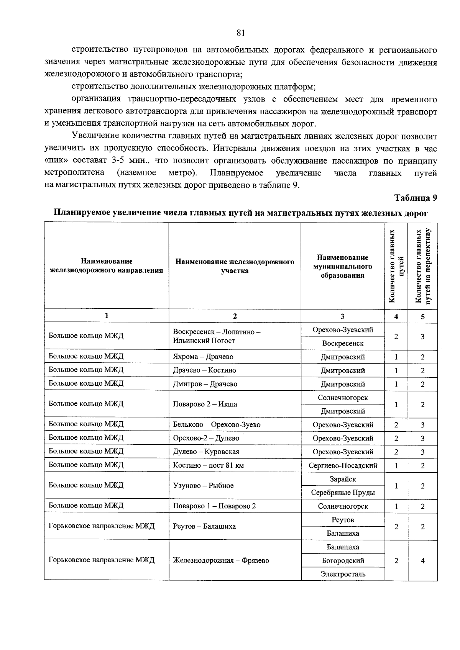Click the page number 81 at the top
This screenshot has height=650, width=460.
[x=241, y=33]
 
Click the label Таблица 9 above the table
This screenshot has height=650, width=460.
[x=416, y=198]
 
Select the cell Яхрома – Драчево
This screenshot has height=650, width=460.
[x=203, y=357]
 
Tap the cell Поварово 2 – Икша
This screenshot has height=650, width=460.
[x=205, y=404]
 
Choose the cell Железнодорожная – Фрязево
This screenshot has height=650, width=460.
[x=221, y=560]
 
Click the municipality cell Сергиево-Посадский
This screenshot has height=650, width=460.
[x=343, y=466]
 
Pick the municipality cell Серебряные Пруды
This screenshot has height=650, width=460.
[x=343, y=493]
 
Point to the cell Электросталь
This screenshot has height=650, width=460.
[x=343, y=574]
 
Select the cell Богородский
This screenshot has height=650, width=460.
[x=343, y=560]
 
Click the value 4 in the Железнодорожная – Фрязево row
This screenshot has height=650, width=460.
[x=422, y=561]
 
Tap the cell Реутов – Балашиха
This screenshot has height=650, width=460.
[x=204, y=526]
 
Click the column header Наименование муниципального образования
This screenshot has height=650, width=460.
[x=342, y=266]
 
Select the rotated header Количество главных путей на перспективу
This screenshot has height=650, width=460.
[x=422, y=266]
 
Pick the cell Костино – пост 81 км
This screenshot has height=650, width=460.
[x=208, y=466]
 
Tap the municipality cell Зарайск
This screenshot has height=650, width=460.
[x=343, y=479]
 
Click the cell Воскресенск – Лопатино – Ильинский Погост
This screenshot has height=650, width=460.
[x=217, y=336]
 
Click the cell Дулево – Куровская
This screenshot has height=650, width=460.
[x=206, y=452]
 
